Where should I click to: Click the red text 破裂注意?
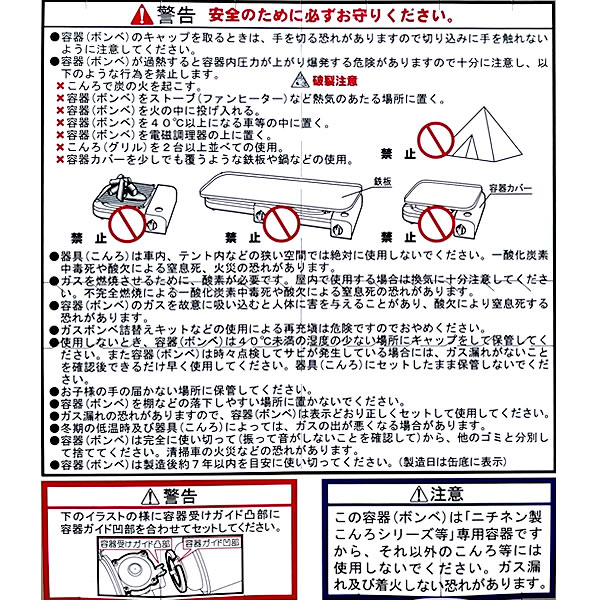326,80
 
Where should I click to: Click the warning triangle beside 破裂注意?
296,80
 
